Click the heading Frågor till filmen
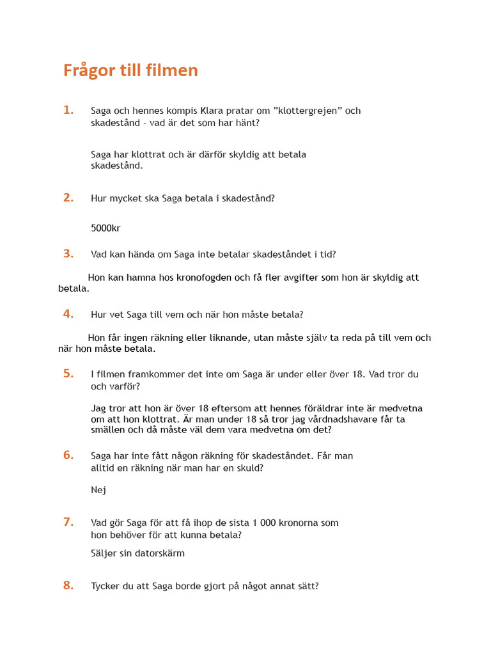click(130, 70)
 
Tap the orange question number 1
click(68, 110)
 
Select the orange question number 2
click(68, 198)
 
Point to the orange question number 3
click(68, 253)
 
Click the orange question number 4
click(68, 313)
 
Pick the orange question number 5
click(68, 374)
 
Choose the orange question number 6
click(68, 455)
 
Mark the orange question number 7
click(68, 522)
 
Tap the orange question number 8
click(68, 585)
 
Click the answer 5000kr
click(105, 228)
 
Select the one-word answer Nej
click(98, 490)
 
